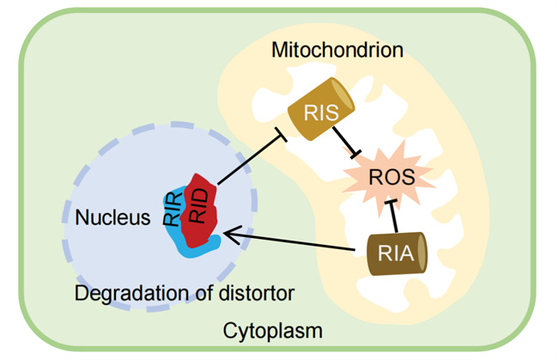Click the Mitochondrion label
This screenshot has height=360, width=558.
pos(337,50)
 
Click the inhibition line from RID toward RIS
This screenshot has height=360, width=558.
pos(249,160)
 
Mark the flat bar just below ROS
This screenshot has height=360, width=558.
pos(391,203)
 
